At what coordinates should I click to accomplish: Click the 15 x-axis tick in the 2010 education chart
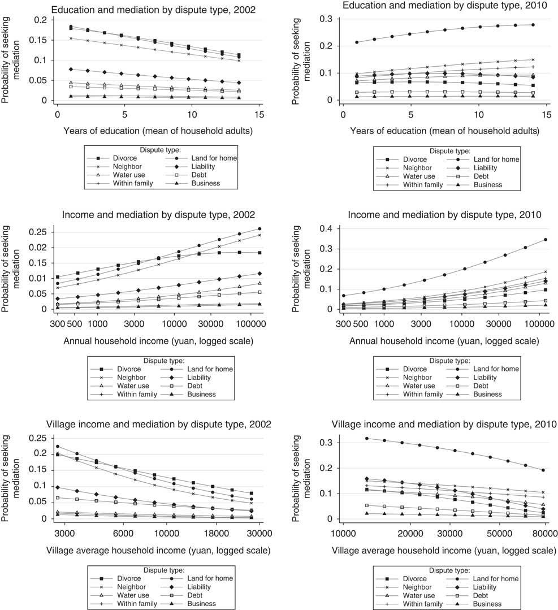tap(546, 114)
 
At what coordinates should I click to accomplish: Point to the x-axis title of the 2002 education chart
tap(151, 131)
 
